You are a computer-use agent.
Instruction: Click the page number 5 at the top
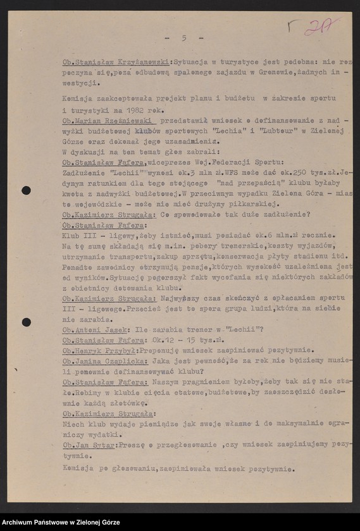point(183,38)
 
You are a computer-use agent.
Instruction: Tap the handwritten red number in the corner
point(321,27)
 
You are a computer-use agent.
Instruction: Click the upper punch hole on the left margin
point(26,190)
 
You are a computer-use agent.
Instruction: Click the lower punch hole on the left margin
point(26,322)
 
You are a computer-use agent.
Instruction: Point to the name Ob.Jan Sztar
point(89,445)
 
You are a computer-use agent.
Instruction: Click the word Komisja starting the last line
point(77,468)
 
